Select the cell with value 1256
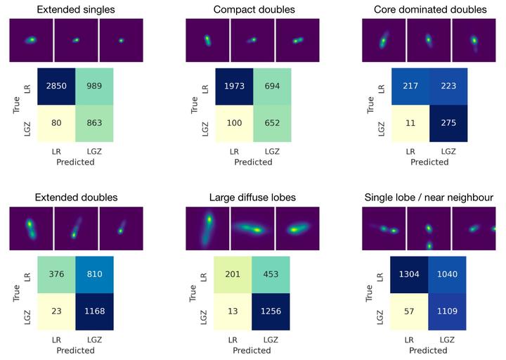click(x=271, y=311)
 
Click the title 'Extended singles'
click(x=76, y=10)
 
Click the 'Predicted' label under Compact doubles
click(x=252, y=162)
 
